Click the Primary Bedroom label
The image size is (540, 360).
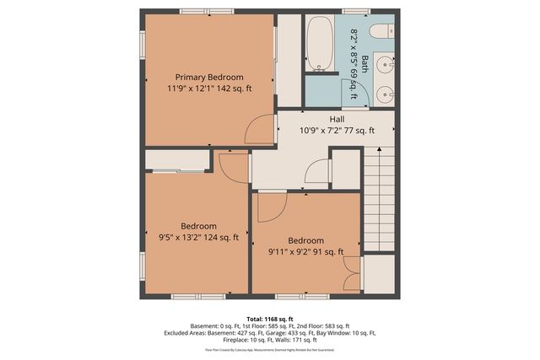click(208, 77)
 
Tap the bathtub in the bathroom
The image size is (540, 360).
click(320, 43)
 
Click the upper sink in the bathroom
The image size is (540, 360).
click(384, 64)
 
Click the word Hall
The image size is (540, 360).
click(337, 119)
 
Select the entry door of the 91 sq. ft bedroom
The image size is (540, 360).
click(272, 202)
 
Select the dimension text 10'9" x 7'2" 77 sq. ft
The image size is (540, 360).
click(337, 131)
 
